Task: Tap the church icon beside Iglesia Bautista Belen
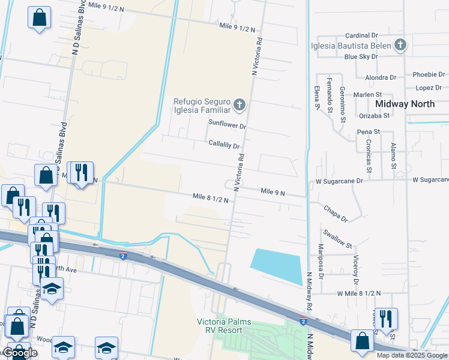coord(400,45)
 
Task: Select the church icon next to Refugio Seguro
coord(240,106)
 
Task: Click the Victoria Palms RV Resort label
coord(224,326)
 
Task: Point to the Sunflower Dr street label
coord(228,125)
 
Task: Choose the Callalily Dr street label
coord(224,145)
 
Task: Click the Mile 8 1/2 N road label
coord(210,197)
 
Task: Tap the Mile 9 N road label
coord(273,191)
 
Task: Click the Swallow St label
coord(337,238)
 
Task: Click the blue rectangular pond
coord(277,266)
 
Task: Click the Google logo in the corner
coord(19,353)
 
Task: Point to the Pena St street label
coord(369,131)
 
